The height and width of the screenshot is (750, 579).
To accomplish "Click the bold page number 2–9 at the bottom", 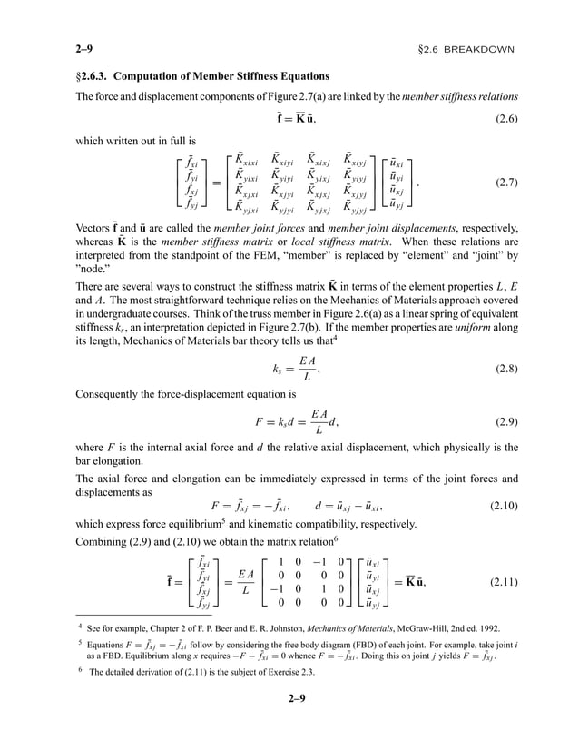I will (x=290, y=724).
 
